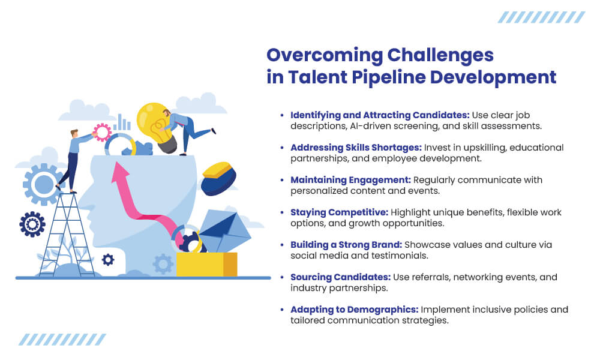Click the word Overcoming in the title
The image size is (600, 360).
(x=325, y=55)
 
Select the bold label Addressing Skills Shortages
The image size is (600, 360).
(x=356, y=148)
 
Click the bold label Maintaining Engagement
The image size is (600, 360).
(x=350, y=180)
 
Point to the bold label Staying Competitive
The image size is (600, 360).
(x=340, y=213)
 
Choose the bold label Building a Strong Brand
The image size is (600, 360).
(x=346, y=245)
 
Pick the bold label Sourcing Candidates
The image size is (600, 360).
(x=341, y=277)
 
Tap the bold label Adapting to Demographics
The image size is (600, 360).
(x=355, y=310)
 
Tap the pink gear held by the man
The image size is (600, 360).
(x=102, y=133)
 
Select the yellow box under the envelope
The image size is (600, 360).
(x=206, y=264)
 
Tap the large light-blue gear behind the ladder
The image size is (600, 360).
(x=43, y=184)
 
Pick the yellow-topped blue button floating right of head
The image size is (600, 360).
(x=218, y=179)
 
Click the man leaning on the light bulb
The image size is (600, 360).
(x=187, y=130)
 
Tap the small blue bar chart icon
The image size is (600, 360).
(x=122, y=122)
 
